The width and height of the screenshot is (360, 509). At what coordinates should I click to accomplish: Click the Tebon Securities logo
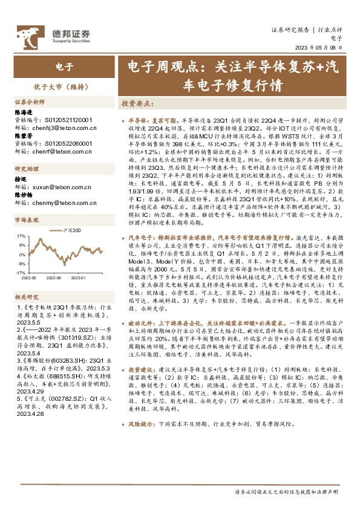(54, 34)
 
